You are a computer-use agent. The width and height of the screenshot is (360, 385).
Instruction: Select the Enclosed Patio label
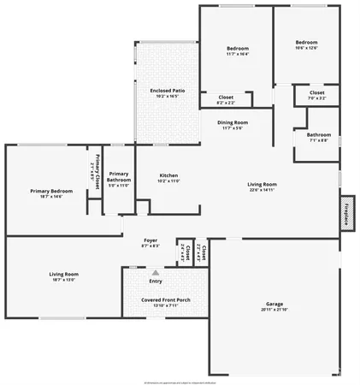pyautogui.click(x=168, y=90)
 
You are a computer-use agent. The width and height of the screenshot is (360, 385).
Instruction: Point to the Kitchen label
pyautogui.click(x=168, y=174)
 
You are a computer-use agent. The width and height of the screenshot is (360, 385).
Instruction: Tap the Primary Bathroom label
pyautogui.click(x=119, y=177)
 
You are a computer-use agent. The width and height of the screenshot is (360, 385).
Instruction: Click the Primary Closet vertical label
pyautogui.click(x=97, y=163)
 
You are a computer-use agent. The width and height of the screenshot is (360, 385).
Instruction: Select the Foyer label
pyautogui.click(x=150, y=241)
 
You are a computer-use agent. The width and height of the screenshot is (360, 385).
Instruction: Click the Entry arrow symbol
pyautogui.click(x=156, y=272)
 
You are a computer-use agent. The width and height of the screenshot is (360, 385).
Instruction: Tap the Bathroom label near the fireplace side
pyautogui.click(x=319, y=134)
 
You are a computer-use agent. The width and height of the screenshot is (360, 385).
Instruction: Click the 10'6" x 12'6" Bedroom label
pyautogui.click(x=306, y=43)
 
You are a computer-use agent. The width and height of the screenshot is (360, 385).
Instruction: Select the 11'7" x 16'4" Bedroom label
pyautogui.click(x=238, y=49)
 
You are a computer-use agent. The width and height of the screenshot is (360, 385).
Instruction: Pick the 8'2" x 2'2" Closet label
pyautogui.click(x=226, y=98)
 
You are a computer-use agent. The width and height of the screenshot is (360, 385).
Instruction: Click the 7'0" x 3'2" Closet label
pyautogui.click(x=316, y=92)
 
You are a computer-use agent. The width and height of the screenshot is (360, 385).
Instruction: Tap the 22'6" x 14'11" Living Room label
pyautogui.click(x=262, y=184)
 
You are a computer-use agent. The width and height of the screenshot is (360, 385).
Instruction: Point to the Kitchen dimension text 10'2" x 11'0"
pyautogui.click(x=168, y=181)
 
